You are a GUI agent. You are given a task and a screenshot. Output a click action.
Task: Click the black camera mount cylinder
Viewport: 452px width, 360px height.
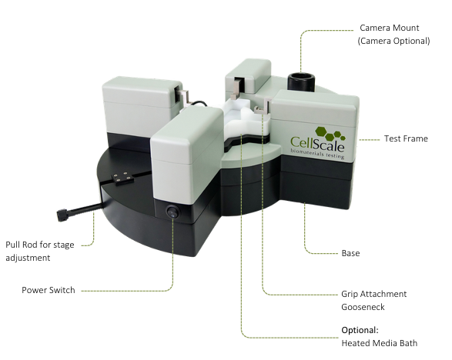click(x=301, y=82)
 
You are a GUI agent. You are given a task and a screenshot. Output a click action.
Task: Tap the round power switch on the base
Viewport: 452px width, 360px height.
click(x=172, y=212)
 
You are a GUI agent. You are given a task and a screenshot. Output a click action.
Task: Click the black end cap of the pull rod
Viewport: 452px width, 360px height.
click(x=62, y=215)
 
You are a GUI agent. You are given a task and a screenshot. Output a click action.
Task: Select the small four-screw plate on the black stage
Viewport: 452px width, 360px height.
click(x=123, y=178)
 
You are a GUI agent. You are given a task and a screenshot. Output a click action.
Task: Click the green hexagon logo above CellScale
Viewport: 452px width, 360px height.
click(x=330, y=134)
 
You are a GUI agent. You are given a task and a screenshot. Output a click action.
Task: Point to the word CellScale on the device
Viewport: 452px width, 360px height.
click(x=317, y=143)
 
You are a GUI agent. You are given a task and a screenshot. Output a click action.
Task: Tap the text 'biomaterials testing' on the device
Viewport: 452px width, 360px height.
click(x=317, y=154)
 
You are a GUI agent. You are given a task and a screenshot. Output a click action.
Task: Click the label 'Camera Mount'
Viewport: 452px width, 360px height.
click(x=389, y=28)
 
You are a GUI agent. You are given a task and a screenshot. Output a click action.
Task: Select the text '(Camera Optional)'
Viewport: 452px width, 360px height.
click(x=393, y=41)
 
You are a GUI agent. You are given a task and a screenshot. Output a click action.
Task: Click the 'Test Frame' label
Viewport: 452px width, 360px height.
click(x=406, y=138)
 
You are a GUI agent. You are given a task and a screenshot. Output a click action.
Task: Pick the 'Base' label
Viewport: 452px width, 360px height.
click(x=350, y=253)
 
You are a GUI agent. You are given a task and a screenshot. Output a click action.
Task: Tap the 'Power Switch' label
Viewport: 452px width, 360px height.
click(x=49, y=290)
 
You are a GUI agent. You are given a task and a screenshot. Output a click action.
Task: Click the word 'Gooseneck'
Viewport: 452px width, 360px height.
click(x=363, y=307)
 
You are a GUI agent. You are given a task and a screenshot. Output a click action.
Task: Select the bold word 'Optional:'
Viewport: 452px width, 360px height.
click(x=360, y=330)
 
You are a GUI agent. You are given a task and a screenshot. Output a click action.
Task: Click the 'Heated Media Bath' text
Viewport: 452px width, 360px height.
click(x=380, y=343)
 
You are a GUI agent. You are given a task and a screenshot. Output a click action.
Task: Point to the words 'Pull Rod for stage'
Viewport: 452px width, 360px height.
click(x=40, y=245)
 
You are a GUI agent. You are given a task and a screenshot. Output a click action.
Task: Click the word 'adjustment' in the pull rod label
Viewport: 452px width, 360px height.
click(x=28, y=258)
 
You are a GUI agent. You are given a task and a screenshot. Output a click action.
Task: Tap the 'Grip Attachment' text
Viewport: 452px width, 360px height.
click(x=374, y=294)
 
